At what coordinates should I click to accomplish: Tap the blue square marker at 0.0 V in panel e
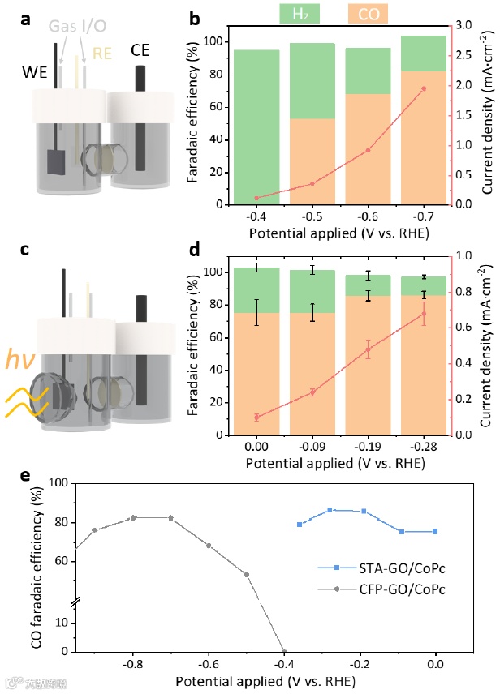435,532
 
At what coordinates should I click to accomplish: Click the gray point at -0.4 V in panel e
284,650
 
